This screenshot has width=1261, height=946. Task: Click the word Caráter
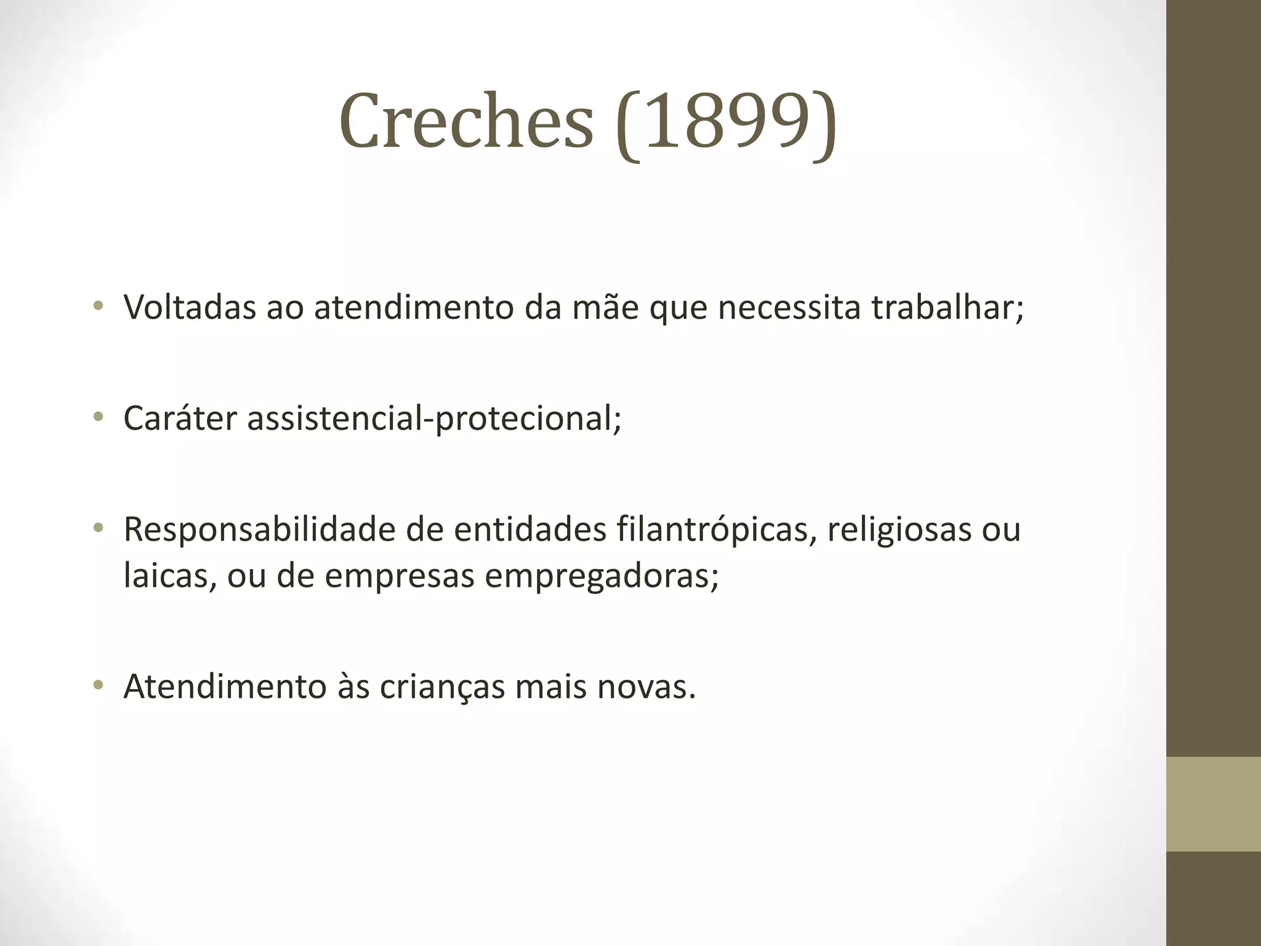[x=180, y=418]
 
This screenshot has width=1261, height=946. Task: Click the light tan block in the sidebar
[x=1214, y=804]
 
